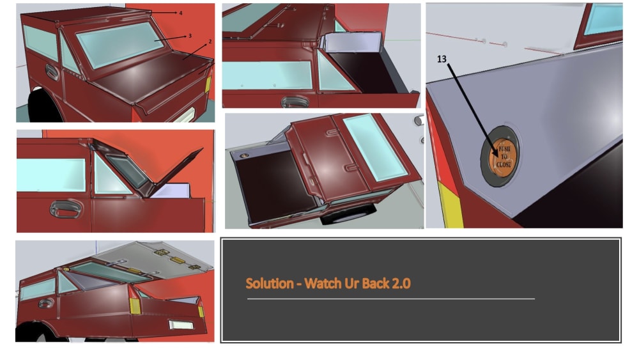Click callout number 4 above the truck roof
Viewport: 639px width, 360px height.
coord(181,13)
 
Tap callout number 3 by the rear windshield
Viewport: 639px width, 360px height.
coord(190,36)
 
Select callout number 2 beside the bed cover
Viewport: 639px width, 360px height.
coord(210,42)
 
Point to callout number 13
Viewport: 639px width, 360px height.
coord(442,59)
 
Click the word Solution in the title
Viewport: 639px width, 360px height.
coord(270,283)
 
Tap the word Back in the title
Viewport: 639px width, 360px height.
coord(376,283)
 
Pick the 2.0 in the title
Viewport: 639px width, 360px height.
coord(401,283)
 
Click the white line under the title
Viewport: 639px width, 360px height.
coord(391,299)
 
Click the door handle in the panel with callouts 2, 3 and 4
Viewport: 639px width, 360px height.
coord(51,72)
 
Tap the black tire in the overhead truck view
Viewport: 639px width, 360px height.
coord(348,214)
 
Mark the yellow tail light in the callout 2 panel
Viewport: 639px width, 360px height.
coord(208,84)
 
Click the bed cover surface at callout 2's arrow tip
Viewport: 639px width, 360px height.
coord(184,59)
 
